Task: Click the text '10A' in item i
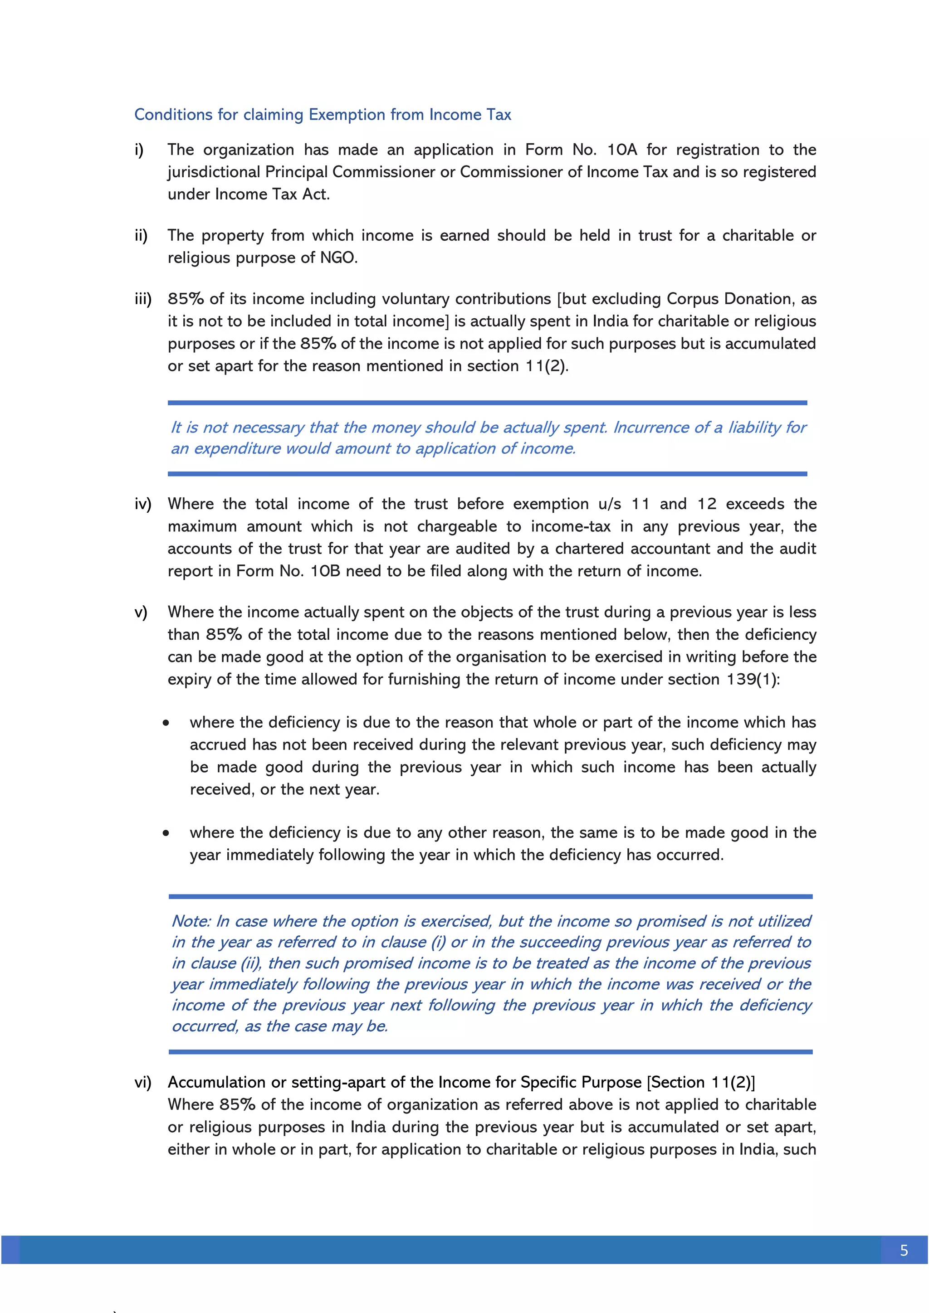pyautogui.click(x=621, y=150)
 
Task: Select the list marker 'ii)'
pyautogui.click(x=141, y=236)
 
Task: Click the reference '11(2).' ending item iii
pyautogui.click(x=547, y=366)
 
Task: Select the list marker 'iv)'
pyautogui.click(x=143, y=504)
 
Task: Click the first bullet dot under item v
pyautogui.click(x=166, y=723)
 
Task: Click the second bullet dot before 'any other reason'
pyautogui.click(x=166, y=833)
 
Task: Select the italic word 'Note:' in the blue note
pyautogui.click(x=191, y=921)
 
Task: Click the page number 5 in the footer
pyautogui.click(x=904, y=1251)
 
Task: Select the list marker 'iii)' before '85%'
pyautogui.click(x=143, y=299)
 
